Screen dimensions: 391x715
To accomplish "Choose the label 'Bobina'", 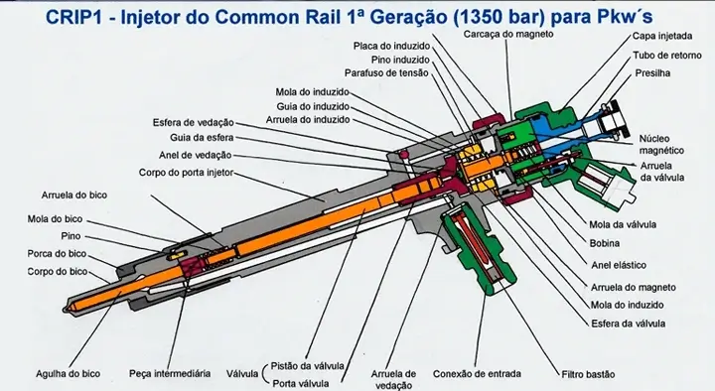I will pyautogui.click(x=604, y=243).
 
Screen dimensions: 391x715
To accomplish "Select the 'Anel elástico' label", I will pyautogui.click(x=617, y=266).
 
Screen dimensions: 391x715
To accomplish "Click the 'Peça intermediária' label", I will pyautogui.click(x=170, y=374).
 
